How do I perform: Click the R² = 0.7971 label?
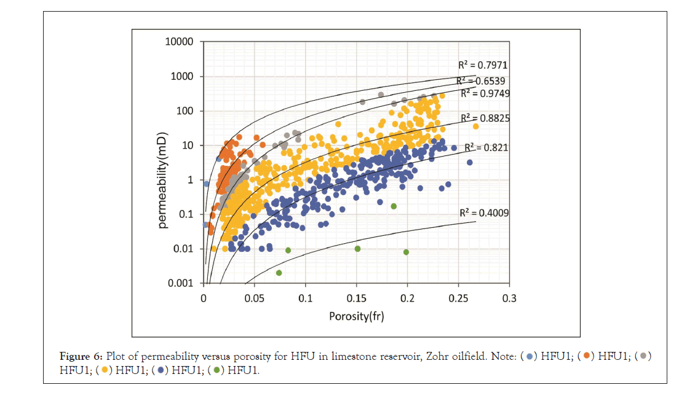[x=482, y=64]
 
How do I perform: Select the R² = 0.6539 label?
[x=481, y=80]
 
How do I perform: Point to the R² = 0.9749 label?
[x=485, y=93]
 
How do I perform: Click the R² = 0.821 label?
[x=486, y=147]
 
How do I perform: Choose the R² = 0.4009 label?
[x=484, y=213]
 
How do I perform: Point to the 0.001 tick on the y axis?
[x=183, y=284]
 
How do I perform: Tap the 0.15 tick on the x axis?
[x=357, y=298]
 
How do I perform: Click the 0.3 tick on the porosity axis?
[x=509, y=298]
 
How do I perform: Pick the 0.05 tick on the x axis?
[x=255, y=298]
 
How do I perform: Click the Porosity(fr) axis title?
[x=356, y=316]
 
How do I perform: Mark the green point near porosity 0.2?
[x=406, y=252]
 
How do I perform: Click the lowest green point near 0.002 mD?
[x=279, y=273]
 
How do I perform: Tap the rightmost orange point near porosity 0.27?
[x=475, y=127]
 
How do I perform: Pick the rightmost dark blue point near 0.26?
[x=469, y=163]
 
